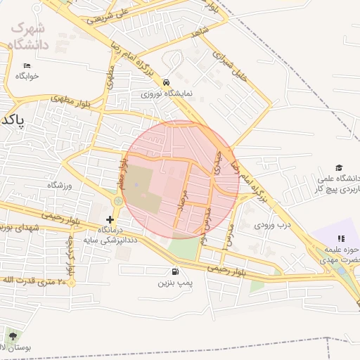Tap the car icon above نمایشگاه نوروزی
tap(165, 82)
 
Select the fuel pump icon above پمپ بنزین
tap(174, 271)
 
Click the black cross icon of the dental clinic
tap(109, 219)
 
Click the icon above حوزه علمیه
tap(341, 239)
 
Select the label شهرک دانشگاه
tap(28, 37)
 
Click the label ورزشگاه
tap(60, 185)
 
